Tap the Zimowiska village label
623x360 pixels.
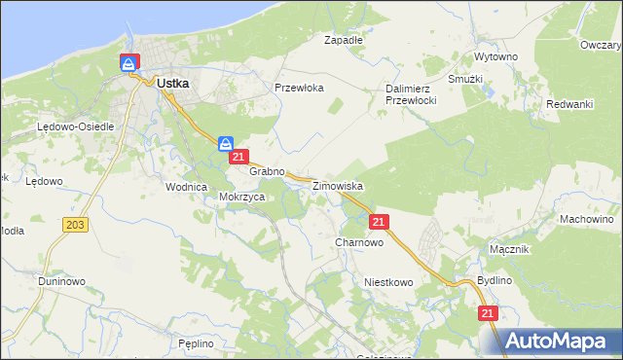point(338,185)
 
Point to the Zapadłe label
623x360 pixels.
point(344,41)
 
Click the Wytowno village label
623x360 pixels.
point(495,57)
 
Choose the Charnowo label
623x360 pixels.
point(358,242)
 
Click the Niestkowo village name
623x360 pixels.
point(389,282)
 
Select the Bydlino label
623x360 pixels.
point(495,280)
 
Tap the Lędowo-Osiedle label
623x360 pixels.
point(76,126)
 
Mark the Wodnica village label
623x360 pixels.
point(187,186)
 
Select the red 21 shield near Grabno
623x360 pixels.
point(239,157)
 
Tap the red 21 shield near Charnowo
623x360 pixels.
point(380,222)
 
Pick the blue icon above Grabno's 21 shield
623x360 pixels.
point(225,143)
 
